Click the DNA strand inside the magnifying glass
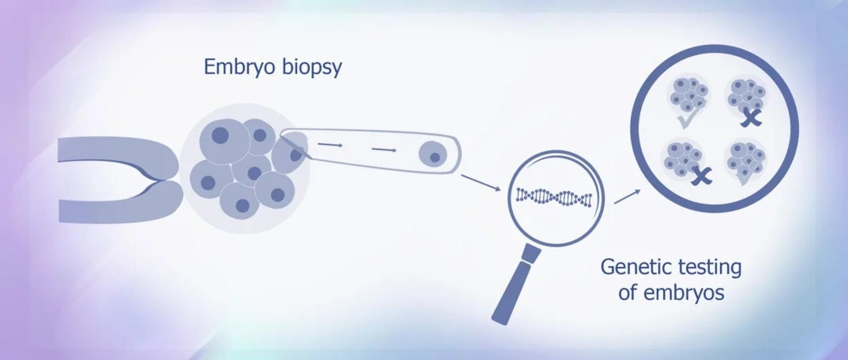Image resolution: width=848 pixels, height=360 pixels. (x=554, y=197)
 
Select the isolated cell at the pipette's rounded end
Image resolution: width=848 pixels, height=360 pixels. (x=433, y=155)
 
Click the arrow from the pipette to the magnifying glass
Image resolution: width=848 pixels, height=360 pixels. (x=481, y=183)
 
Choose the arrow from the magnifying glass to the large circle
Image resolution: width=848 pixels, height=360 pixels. (x=627, y=197)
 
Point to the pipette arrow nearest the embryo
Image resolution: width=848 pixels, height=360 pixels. (x=330, y=144)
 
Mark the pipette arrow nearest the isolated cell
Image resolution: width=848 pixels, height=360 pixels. (x=384, y=150)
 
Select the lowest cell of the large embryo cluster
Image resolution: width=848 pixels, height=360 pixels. (x=240, y=201)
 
